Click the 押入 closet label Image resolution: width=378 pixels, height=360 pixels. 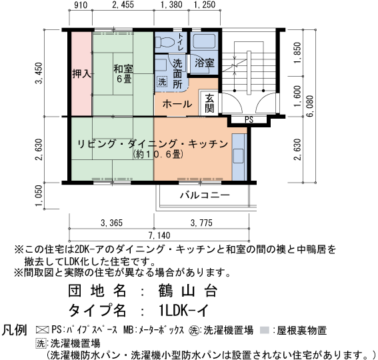pos(81,74)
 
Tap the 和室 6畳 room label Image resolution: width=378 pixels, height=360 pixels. pos(123,73)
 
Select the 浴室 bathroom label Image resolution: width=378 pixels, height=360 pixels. pos(205,63)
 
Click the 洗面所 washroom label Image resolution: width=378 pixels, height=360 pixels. pos(177,73)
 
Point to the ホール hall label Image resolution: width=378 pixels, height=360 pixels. pos(176,105)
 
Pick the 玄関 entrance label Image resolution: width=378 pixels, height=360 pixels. pos(209,103)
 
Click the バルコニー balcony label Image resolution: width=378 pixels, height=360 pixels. pos(205,195)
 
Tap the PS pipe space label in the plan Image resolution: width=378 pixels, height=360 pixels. pos(249,120)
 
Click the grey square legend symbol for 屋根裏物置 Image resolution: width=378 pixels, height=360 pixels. pos(265,330)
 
